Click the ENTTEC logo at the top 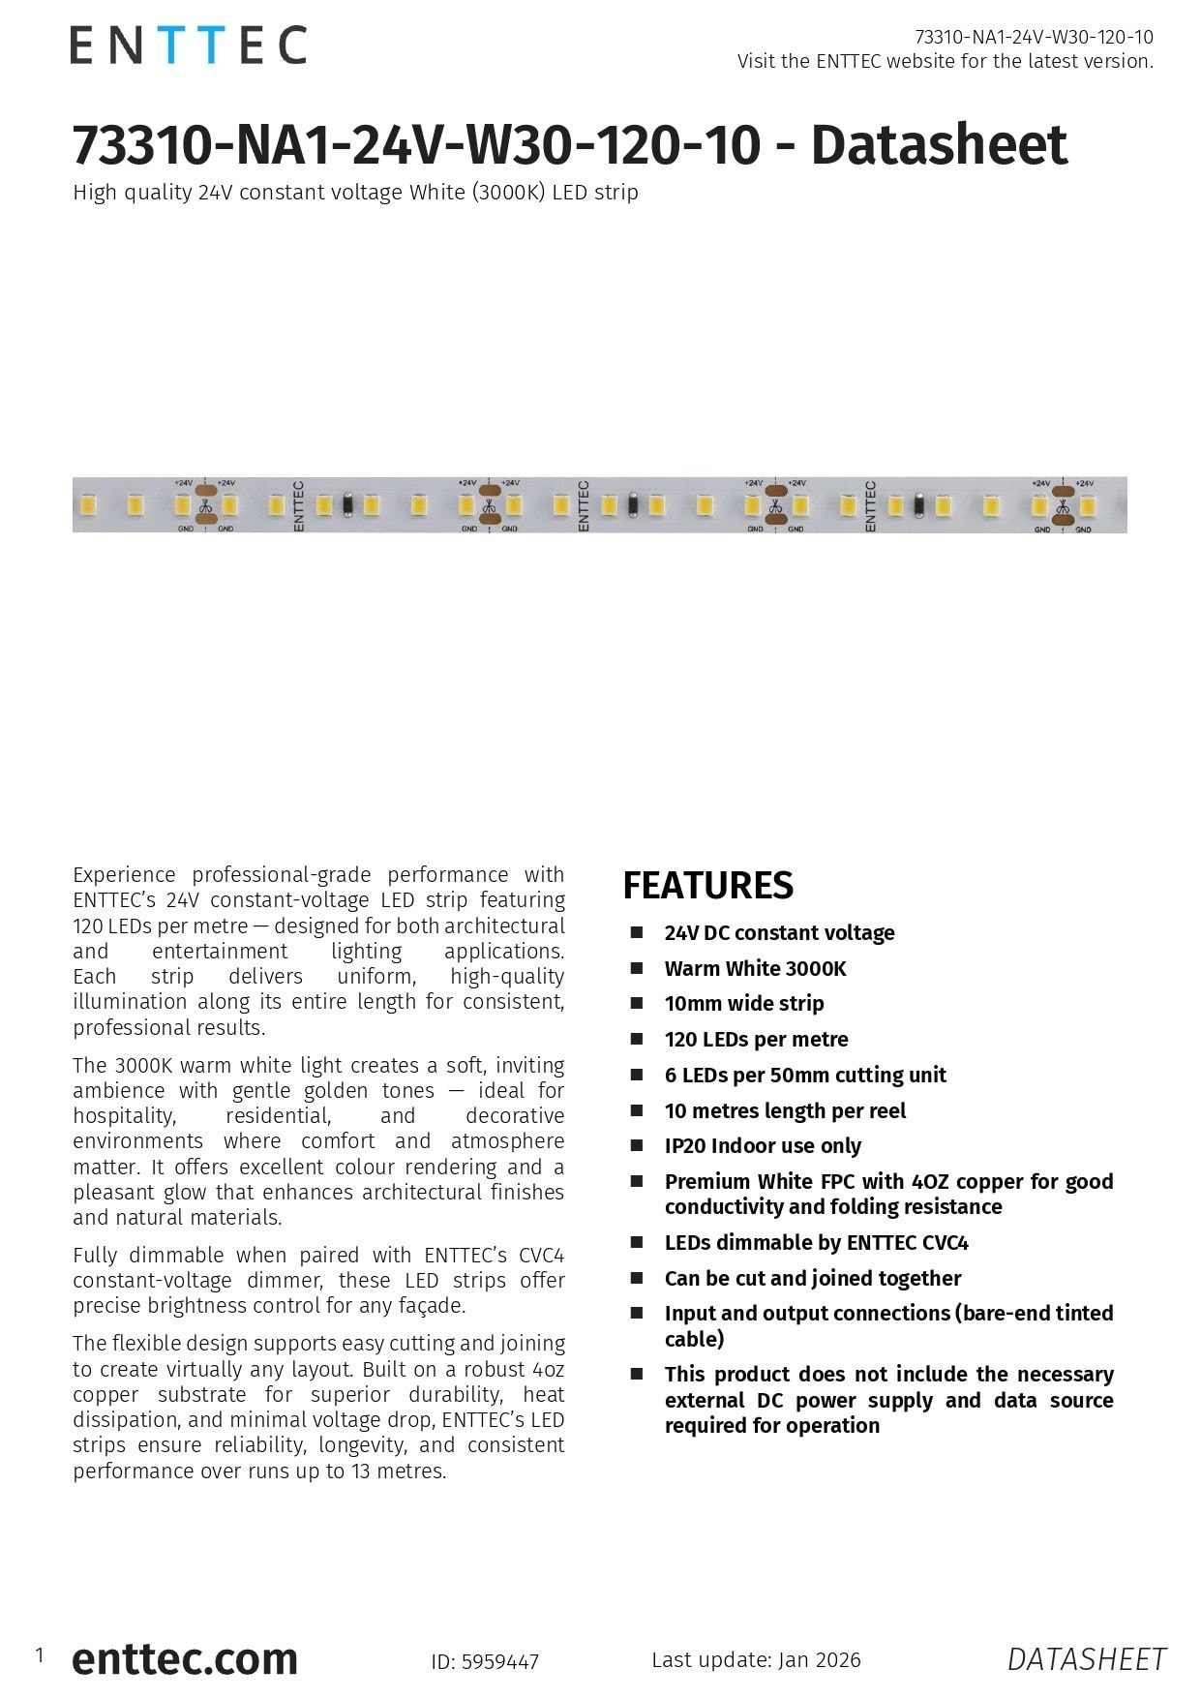pyautogui.click(x=188, y=46)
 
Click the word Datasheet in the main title pyautogui.click(x=939, y=145)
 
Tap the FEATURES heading pyautogui.click(x=707, y=886)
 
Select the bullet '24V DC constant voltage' pyautogui.click(x=779, y=932)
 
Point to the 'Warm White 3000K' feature pyautogui.click(x=755, y=968)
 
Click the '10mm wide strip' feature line pyautogui.click(x=743, y=1003)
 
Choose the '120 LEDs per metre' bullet pyautogui.click(x=756, y=1039)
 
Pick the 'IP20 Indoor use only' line pyautogui.click(x=763, y=1145)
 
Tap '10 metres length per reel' pyautogui.click(x=785, y=1110)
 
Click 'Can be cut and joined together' pyautogui.click(x=812, y=1278)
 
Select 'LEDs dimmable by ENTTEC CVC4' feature pyautogui.click(x=816, y=1242)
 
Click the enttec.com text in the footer pyautogui.click(x=184, y=1658)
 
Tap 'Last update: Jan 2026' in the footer pyautogui.click(x=756, y=1659)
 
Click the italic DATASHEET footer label pyautogui.click(x=1086, y=1659)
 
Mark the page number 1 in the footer pyautogui.click(x=40, y=1654)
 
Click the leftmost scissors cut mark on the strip pyautogui.click(x=205, y=505)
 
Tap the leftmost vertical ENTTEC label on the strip pyautogui.click(x=298, y=505)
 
